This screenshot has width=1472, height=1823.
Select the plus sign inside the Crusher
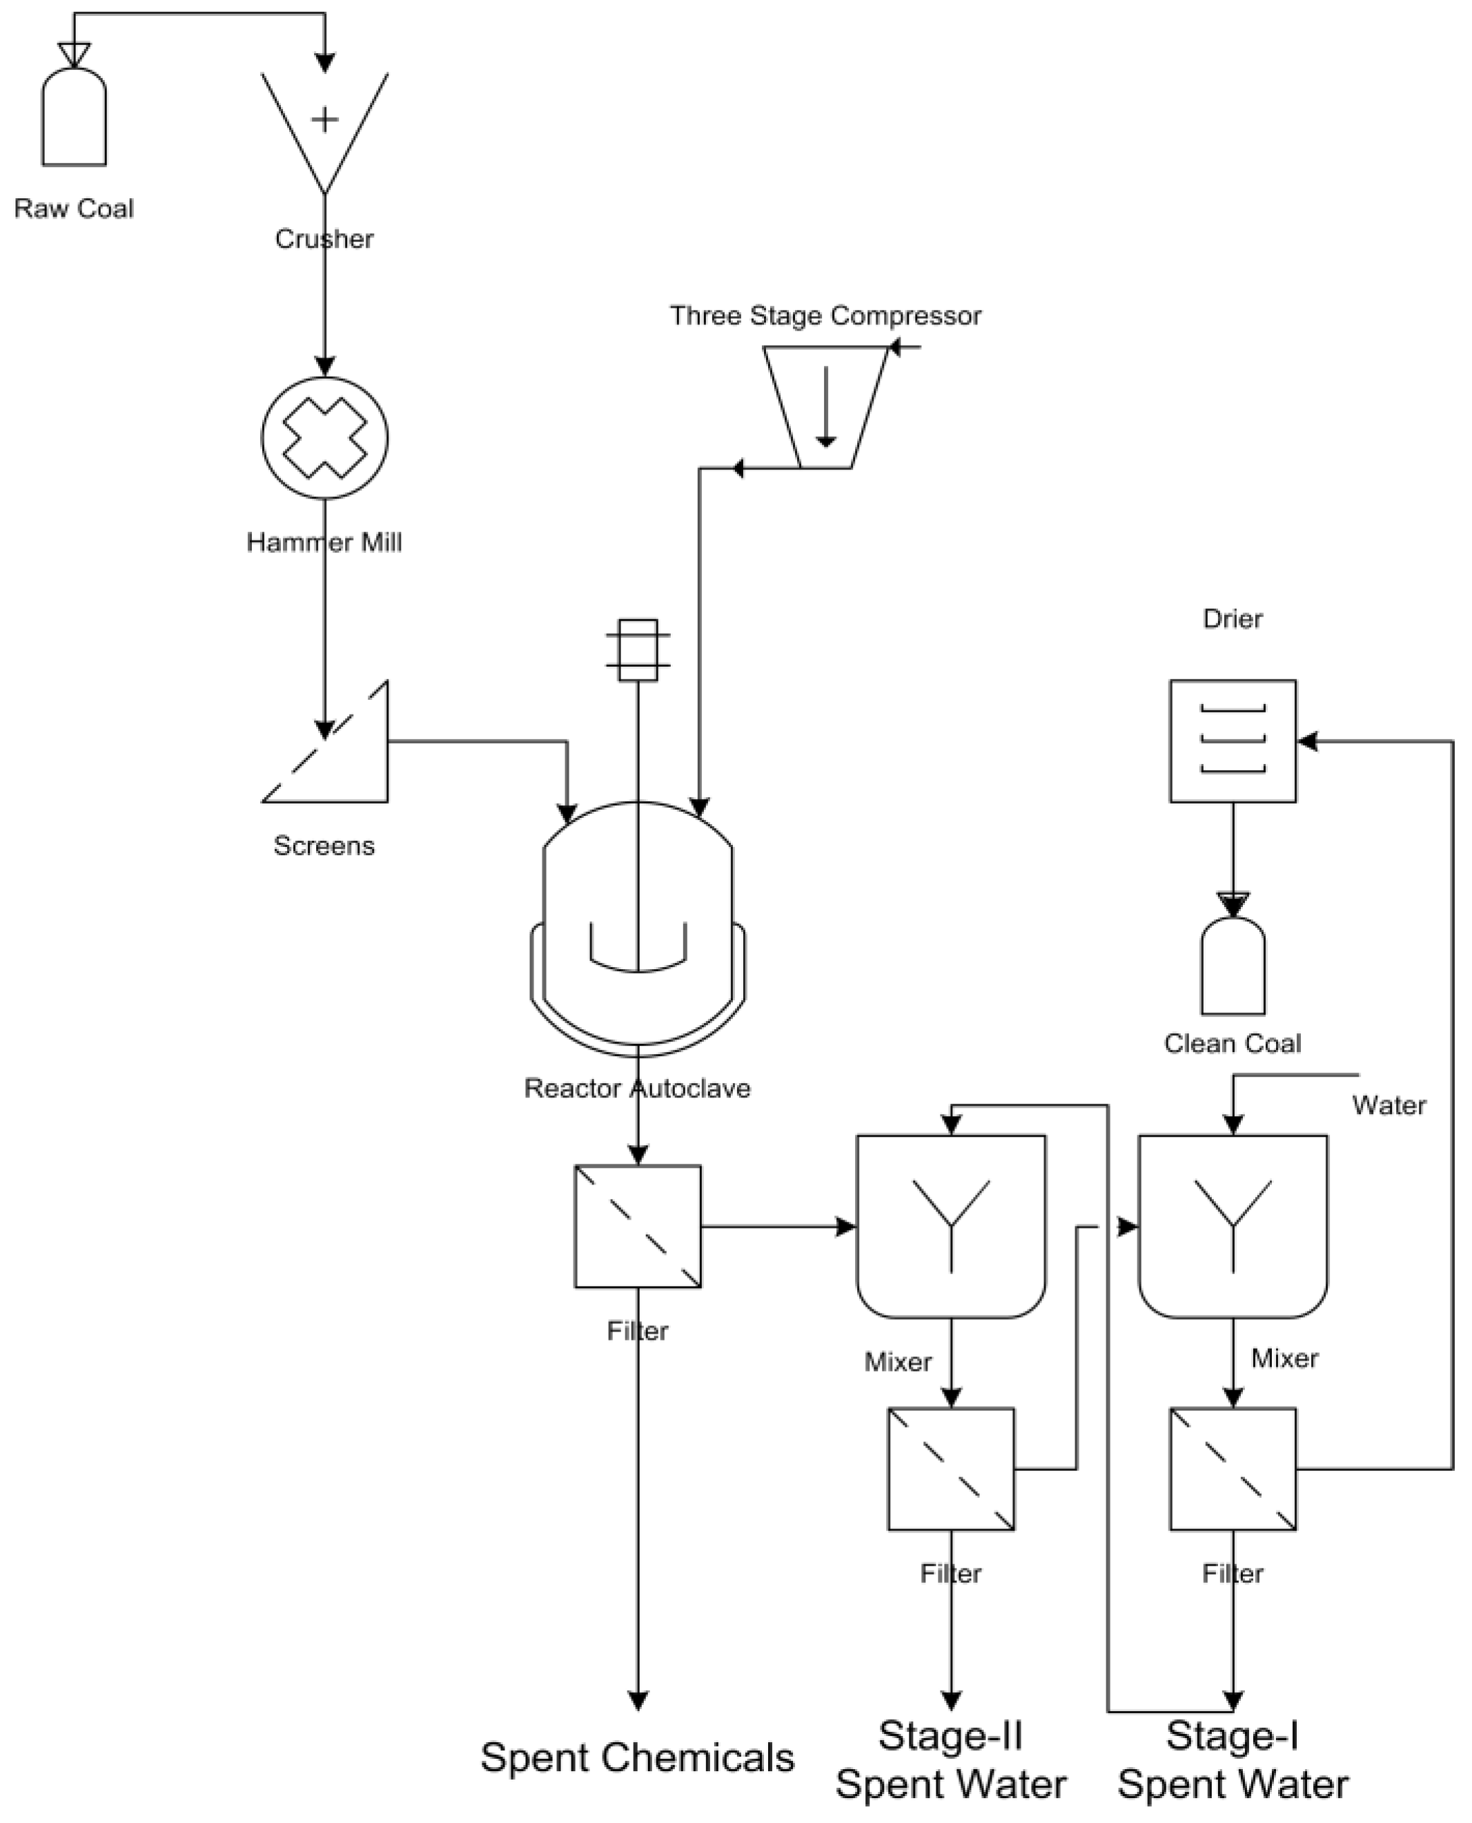pyautogui.click(x=325, y=119)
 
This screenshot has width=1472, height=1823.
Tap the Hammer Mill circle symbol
pyautogui.click(x=325, y=438)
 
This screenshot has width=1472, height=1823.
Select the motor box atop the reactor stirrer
pyautogui.click(x=638, y=650)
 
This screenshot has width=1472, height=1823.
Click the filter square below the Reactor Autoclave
pyautogui.click(x=638, y=1226)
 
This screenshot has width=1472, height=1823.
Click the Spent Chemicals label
pyautogui.click(x=638, y=1757)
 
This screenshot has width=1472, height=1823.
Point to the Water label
pyautogui.click(x=1388, y=1106)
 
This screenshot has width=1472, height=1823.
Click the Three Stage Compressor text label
pyautogui.click(x=825, y=315)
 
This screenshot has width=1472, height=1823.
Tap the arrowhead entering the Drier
pyautogui.click(x=1308, y=741)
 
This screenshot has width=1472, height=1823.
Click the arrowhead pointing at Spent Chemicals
pyautogui.click(x=638, y=1701)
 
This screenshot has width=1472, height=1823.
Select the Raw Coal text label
pyautogui.click(x=74, y=208)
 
